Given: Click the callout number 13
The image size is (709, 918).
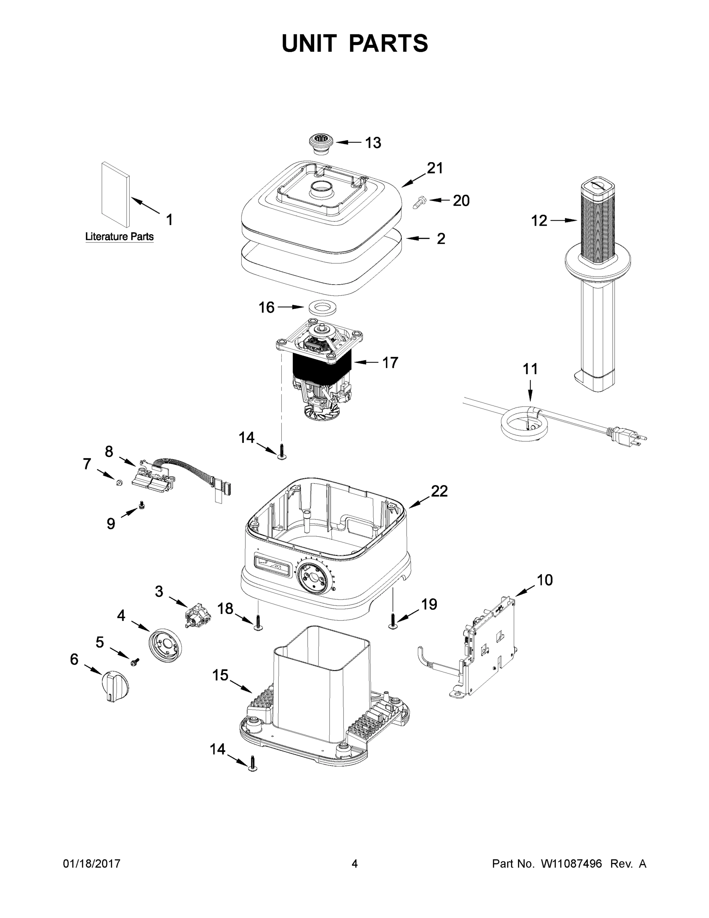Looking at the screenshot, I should [x=373, y=143].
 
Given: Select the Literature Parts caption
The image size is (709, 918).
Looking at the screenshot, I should [x=119, y=237].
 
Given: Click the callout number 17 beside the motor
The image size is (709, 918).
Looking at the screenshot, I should [x=390, y=362].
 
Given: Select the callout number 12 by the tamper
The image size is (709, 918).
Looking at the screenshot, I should [x=539, y=220].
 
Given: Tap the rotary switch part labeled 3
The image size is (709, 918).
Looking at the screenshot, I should [x=197, y=616].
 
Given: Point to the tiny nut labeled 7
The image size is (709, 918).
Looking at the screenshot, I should [x=119, y=483].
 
